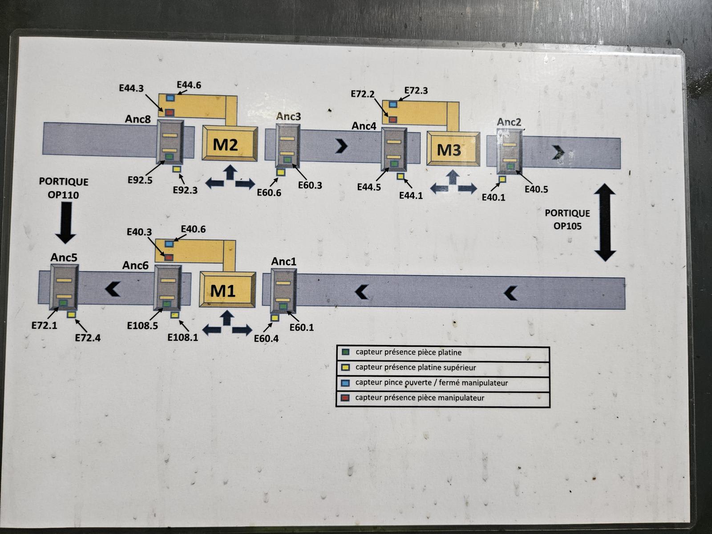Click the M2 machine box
[x=230, y=143]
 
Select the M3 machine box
[x=453, y=149]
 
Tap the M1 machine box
[x=227, y=290]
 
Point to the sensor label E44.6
[x=189, y=85]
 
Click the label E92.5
[x=140, y=180]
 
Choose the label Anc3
[x=288, y=117]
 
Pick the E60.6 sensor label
[x=269, y=192]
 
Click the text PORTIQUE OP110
[x=64, y=188]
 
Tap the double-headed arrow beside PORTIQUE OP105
[x=605, y=222]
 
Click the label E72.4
[x=88, y=338]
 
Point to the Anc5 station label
[x=64, y=257]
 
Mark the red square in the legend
[x=345, y=398]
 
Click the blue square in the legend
[x=345, y=383]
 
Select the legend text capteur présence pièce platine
[x=408, y=352]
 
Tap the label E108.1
[x=182, y=337]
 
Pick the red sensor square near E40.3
[x=169, y=257]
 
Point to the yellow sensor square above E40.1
[x=502, y=179]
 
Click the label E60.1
[x=301, y=328]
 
